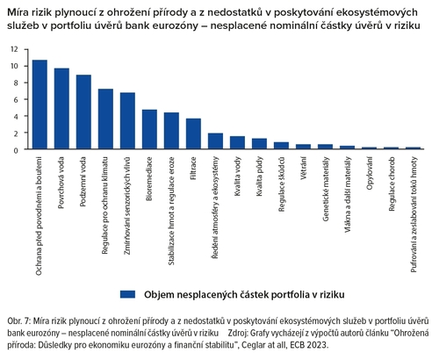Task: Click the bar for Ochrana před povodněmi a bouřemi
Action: pyautogui.click(x=40, y=105)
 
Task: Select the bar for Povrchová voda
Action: pyautogui.click(x=61, y=110)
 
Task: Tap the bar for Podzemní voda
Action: pyautogui.click(x=83, y=112)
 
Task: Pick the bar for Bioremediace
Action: pyautogui.click(x=149, y=130)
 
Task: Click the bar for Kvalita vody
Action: pyautogui.click(x=237, y=143)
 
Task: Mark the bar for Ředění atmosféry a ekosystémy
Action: pyautogui.click(x=215, y=141)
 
